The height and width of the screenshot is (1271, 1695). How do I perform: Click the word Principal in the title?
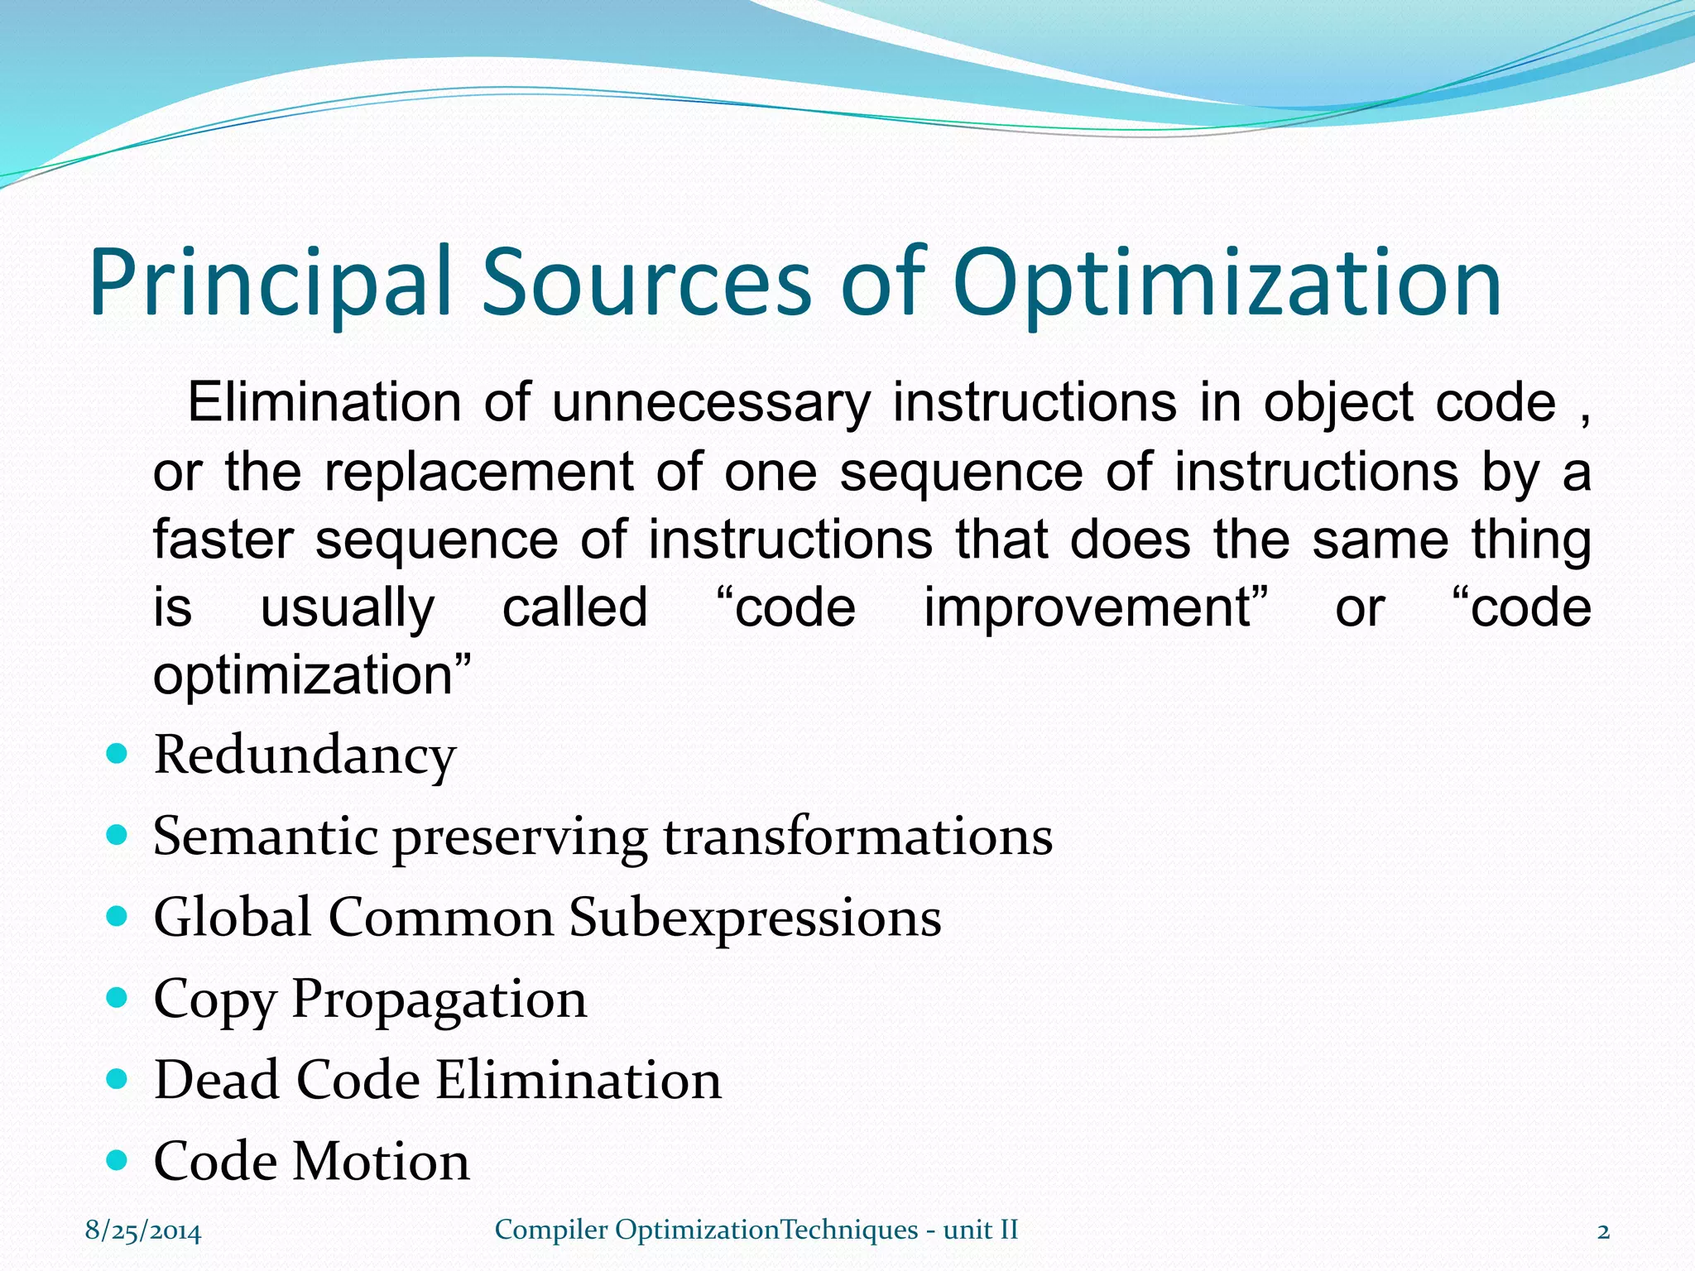(x=271, y=283)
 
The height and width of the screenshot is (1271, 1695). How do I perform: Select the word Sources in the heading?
(x=646, y=283)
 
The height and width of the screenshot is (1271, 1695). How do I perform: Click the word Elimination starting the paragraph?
(x=324, y=403)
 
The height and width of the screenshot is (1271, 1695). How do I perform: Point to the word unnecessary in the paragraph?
(x=711, y=403)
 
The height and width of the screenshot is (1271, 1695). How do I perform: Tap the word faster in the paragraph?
(x=223, y=540)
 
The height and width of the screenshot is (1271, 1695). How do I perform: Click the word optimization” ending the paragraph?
(x=312, y=675)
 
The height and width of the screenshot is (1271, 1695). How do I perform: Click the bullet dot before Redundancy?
(x=118, y=754)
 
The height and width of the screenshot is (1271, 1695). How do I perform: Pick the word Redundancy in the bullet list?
(x=305, y=755)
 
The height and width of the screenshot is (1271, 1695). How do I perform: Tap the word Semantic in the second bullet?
(x=264, y=836)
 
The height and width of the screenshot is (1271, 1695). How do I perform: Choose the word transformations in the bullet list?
(x=857, y=836)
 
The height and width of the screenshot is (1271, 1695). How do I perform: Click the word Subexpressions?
(x=755, y=918)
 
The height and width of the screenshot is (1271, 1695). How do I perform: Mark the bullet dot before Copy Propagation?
(x=118, y=998)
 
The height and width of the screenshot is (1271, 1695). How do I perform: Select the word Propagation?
(x=439, y=1000)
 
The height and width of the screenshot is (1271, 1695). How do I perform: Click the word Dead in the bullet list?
(x=217, y=1080)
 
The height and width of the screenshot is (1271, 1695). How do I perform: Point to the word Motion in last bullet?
(x=382, y=1161)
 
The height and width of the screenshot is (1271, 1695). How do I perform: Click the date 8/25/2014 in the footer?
(x=143, y=1231)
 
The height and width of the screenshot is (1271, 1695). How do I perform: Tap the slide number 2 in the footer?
(x=1603, y=1231)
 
